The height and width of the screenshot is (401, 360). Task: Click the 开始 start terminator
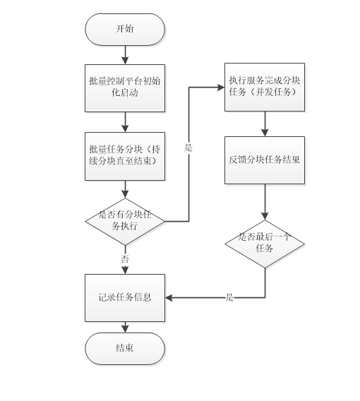pos(125,30)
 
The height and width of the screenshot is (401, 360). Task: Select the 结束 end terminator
pos(125,348)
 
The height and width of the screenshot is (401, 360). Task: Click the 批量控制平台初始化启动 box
pos(125,88)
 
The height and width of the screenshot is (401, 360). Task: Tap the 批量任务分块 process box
pos(125,156)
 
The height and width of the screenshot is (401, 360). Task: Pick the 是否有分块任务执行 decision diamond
pos(125,221)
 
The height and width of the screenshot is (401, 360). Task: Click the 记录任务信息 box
pos(125,297)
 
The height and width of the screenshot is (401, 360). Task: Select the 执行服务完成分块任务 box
pos(265,87)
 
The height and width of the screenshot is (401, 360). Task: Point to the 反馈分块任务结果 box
pos(265,160)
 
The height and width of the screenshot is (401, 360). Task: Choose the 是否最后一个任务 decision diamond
pos(265,244)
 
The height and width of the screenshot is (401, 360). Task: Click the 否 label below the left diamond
pos(125,259)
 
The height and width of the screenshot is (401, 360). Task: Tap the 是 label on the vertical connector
pos(188,148)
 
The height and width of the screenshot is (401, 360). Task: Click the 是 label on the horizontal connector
pos(229,298)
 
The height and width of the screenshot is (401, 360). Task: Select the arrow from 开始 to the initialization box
pos(125,54)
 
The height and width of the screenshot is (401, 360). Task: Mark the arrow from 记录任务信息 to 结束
pos(125,327)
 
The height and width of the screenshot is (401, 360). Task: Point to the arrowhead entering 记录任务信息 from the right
pos(170,297)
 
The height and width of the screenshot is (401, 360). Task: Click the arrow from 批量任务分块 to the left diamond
pos(125,189)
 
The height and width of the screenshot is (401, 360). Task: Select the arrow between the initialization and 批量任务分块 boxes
pos(125,122)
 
